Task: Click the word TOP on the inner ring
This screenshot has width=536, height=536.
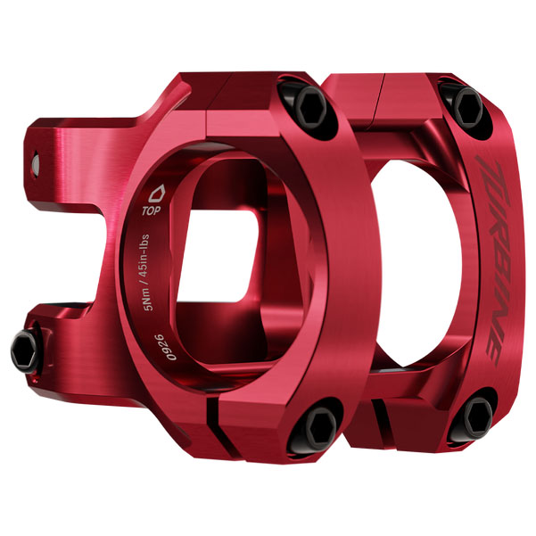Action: (x=152, y=213)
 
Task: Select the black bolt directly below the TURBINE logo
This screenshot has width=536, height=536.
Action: (x=479, y=414)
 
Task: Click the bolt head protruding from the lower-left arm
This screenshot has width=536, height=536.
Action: (x=25, y=343)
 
